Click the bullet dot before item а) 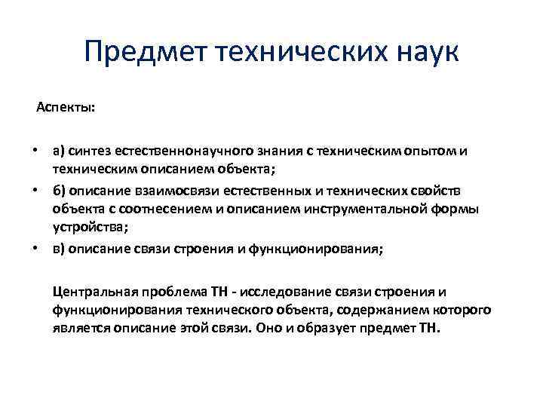[x=35, y=151]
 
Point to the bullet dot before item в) [x=35, y=249]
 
